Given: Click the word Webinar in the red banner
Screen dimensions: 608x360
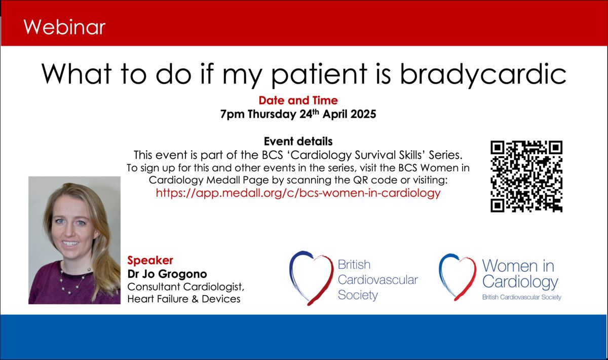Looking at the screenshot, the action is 64,27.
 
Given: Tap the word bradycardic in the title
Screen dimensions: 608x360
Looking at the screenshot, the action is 483,74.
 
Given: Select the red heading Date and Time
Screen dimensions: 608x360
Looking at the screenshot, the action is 298,100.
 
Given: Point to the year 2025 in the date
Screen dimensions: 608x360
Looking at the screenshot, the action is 363,114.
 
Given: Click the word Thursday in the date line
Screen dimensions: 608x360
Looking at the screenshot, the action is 272,115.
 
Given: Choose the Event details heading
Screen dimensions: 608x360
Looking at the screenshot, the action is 298,141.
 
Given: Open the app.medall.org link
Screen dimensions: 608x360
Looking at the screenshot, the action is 298,193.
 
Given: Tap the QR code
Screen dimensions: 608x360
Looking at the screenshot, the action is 526,176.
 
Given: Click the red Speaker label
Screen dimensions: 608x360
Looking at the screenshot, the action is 150,261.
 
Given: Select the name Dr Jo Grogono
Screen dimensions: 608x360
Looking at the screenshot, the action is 167,274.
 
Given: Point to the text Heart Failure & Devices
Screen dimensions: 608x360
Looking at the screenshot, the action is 184,299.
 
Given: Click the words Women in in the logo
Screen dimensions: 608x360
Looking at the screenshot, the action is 518,266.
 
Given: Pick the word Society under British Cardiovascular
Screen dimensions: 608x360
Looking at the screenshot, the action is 358,295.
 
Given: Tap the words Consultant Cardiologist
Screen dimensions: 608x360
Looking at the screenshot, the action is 185,287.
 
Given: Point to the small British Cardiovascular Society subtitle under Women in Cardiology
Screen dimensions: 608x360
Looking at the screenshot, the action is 522,297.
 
